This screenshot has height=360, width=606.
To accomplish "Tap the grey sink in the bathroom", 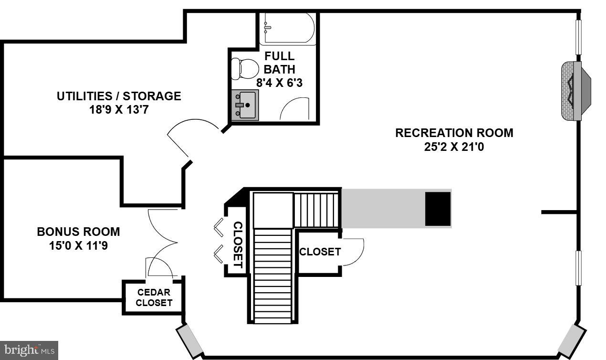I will pyautogui.click(x=245, y=105).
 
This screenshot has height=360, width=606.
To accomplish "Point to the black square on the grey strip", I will pyautogui.click(x=438, y=209).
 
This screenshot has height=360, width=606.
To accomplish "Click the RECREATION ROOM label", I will pyautogui.click(x=454, y=133).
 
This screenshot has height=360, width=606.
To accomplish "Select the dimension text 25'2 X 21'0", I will pyautogui.click(x=454, y=147).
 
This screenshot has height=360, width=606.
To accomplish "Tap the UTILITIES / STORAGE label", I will pyautogui.click(x=119, y=96).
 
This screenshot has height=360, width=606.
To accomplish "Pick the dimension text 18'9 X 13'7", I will pyautogui.click(x=119, y=110).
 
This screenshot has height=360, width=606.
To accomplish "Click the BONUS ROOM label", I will pyautogui.click(x=78, y=232).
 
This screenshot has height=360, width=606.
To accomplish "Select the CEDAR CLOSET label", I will pyautogui.click(x=154, y=297).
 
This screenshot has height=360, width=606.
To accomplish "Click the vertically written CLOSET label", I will pyautogui.click(x=237, y=244).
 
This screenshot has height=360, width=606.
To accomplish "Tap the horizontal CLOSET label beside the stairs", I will pyautogui.click(x=320, y=252).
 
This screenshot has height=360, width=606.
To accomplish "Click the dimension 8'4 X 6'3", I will pyautogui.click(x=279, y=83).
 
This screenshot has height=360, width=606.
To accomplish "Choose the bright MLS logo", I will pyautogui.click(x=29, y=350).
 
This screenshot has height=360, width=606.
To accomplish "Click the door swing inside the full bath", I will pyautogui.click(x=296, y=109).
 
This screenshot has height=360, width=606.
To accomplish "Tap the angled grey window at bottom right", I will pyautogui.click(x=571, y=341).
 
